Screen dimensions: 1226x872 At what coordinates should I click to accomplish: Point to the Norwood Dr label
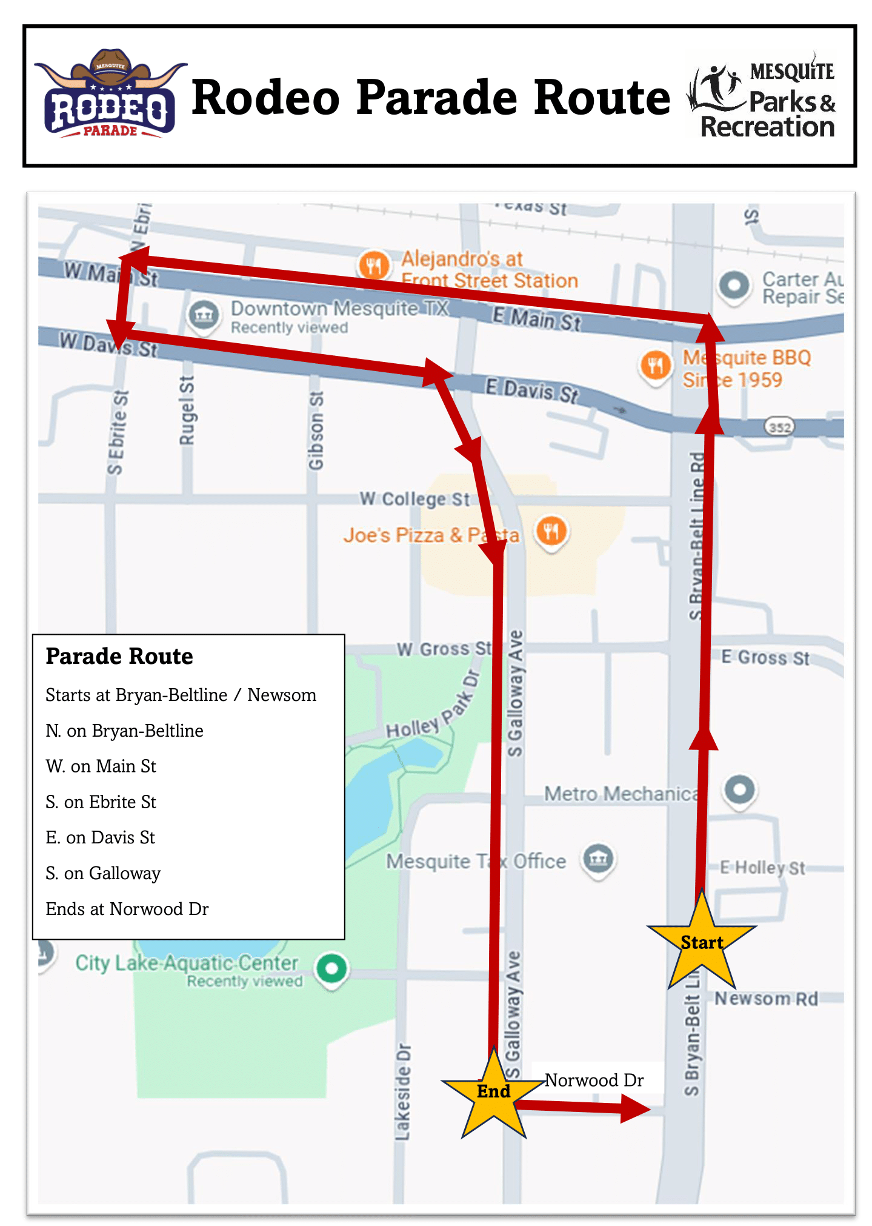pyautogui.click(x=594, y=1080)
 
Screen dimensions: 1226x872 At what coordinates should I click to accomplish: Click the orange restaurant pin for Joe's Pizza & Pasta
pyautogui.click(x=551, y=532)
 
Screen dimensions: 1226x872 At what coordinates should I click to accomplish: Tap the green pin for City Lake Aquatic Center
pyautogui.click(x=331, y=968)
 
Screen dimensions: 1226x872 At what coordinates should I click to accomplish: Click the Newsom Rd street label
pyautogui.click(x=766, y=998)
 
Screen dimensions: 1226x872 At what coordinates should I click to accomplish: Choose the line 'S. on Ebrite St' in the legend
pyautogui.click(x=101, y=802)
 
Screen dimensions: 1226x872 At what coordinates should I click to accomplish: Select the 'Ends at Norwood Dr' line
pyautogui.click(x=127, y=908)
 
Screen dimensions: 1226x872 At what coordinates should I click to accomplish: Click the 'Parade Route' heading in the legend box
pyautogui.click(x=119, y=656)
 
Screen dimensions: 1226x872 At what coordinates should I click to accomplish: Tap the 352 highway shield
pyautogui.click(x=779, y=427)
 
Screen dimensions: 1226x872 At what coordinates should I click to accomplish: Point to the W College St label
pyautogui.click(x=414, y=499)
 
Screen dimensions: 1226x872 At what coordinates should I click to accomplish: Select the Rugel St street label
pyautogui.click(x=187, y=410)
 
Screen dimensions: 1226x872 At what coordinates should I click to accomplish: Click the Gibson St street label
pyautogui.click(x=316, y=430)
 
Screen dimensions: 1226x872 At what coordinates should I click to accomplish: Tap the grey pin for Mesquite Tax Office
pyautogui.click(x=598, y=859)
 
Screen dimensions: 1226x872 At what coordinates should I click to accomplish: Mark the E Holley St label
pyautogui.click(x=762, y=868)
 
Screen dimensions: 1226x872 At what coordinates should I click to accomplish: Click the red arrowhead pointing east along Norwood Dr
pyautogui.click(x=634, y=1110)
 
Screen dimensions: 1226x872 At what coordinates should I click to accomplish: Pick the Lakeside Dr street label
pyautogui.click(x=402, y=1091)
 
